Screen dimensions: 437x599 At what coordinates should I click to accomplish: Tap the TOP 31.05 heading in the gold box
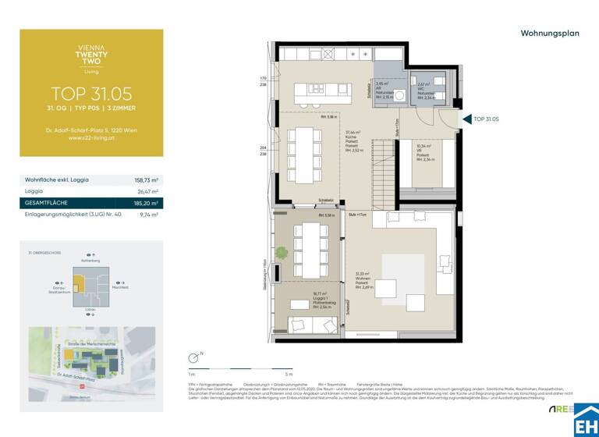click(x=91, y=94)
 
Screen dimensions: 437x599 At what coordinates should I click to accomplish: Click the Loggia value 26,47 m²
click(x=146, y=190)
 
